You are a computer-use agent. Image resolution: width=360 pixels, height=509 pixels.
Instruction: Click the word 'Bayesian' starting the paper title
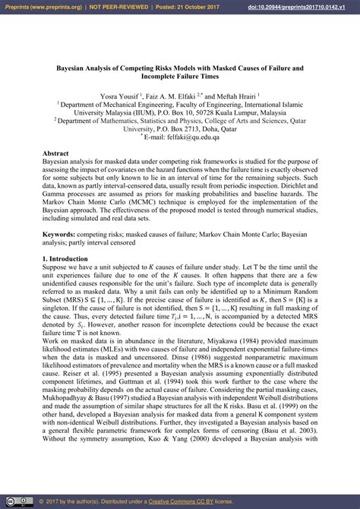coord(73,67)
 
